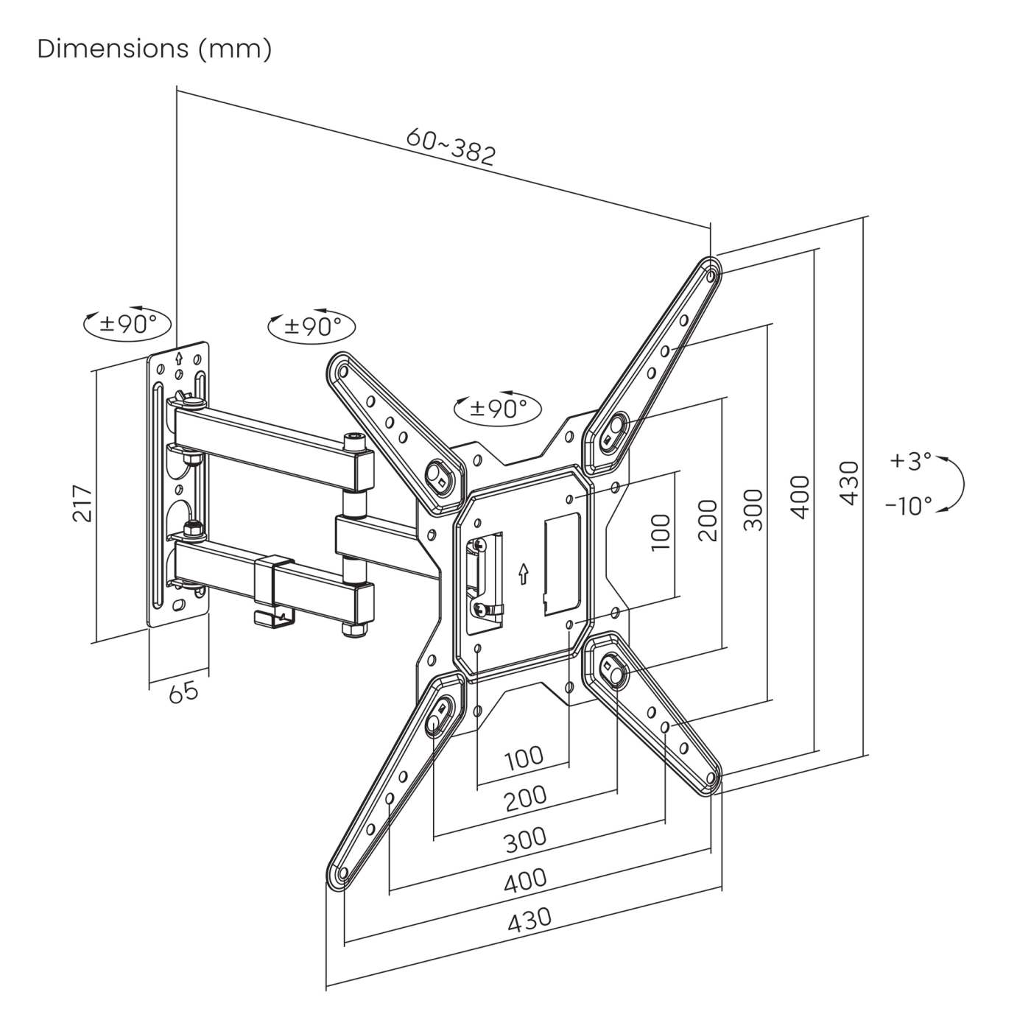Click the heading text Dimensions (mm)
155,49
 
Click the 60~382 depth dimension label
451,147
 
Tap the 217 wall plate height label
82,503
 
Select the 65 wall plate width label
183,692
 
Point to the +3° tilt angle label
910,461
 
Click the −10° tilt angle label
908,506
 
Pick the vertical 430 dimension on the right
849,483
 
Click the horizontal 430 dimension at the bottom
529,918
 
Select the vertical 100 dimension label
661,532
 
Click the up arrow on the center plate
523,574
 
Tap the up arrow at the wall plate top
178,359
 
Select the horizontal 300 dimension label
525,839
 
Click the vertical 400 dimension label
801,496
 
